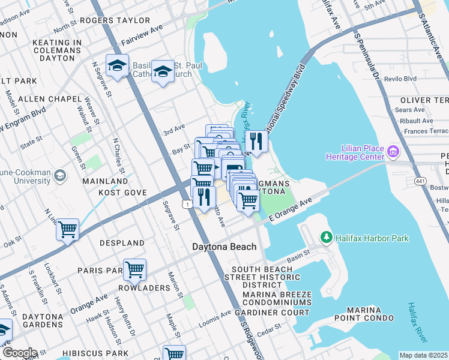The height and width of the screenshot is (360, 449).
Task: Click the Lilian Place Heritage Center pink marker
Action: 393,152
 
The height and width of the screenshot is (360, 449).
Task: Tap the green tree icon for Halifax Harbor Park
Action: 327,238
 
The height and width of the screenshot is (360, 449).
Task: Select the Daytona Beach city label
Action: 224,247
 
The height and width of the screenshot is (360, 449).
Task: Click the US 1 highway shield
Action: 189,205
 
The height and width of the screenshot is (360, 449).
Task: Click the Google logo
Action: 19,353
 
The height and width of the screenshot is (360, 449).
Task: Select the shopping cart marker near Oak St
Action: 68,229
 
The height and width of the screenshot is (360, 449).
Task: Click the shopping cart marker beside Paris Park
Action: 134,269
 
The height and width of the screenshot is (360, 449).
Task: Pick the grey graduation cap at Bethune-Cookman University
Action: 59,176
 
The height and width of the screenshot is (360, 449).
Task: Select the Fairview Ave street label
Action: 142,35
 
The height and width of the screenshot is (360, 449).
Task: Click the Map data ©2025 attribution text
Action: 423,355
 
